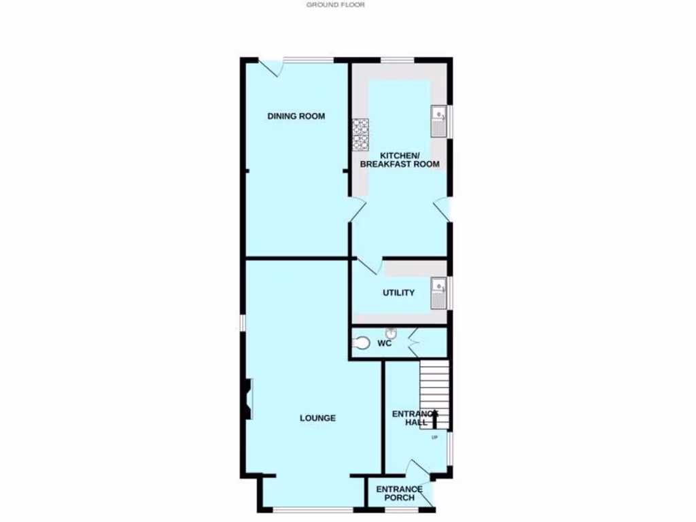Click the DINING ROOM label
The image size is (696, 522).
click(296, 116)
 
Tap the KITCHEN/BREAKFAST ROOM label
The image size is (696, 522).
click(400, 159)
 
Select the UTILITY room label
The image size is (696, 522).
click(398, 293)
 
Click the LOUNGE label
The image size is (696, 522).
click(317, 418)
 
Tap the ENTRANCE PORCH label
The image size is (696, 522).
click(399, 493)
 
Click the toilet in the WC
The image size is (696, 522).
click(361, 344)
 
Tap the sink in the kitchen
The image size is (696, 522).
click(439, 121)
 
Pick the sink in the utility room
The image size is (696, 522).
click(439, 293)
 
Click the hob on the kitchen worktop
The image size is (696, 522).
click(360, 134)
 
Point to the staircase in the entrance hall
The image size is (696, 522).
click(434, 394)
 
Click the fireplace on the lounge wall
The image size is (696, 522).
click(247, 399)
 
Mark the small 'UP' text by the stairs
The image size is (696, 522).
click(434, 437)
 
